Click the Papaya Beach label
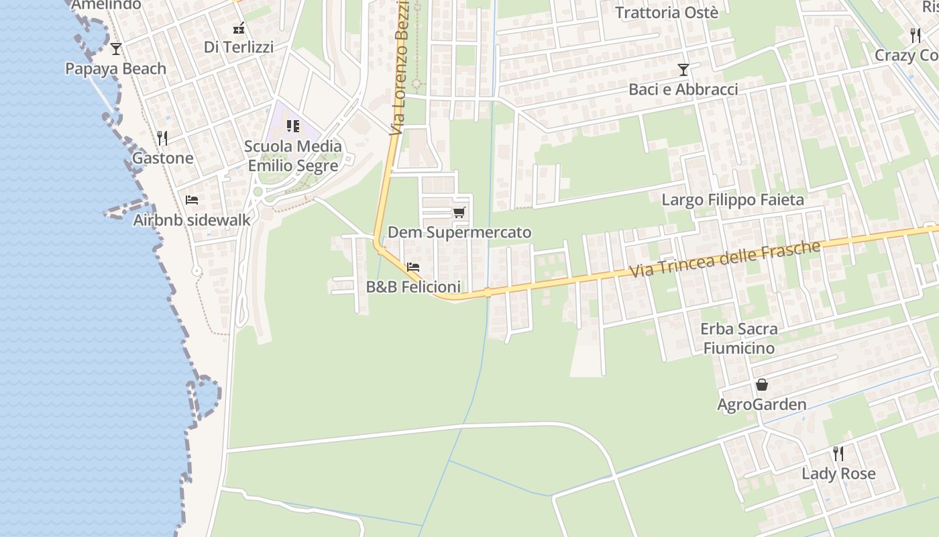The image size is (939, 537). pos(115,68)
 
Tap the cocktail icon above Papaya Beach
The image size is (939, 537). pos(116,48)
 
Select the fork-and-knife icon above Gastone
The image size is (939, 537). pos(162,138)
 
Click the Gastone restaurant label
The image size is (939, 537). pos(162,158)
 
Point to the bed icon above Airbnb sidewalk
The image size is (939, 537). pos(192,200)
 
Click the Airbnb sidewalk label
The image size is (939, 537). pos(192,220)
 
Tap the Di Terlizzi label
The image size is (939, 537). pos(239,47)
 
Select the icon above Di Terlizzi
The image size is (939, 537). pos(239,28)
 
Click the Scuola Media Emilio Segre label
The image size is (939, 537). pos(293,156)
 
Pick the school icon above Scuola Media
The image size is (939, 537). pos(293,126)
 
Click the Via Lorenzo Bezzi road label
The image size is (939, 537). pos(400,67)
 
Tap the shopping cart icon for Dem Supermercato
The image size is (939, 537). pos(459,213)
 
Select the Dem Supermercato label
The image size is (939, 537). pos(459,232)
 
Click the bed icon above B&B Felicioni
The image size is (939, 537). pos(413,267)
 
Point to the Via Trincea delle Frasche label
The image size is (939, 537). pos(724,259)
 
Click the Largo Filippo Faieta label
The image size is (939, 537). pos(732,200)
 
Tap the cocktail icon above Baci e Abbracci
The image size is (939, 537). pos(683,70)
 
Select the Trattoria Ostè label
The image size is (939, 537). pos(667,13)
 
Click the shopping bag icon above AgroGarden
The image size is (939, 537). pos(762,385)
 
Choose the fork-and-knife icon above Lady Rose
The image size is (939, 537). pos(838,454)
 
